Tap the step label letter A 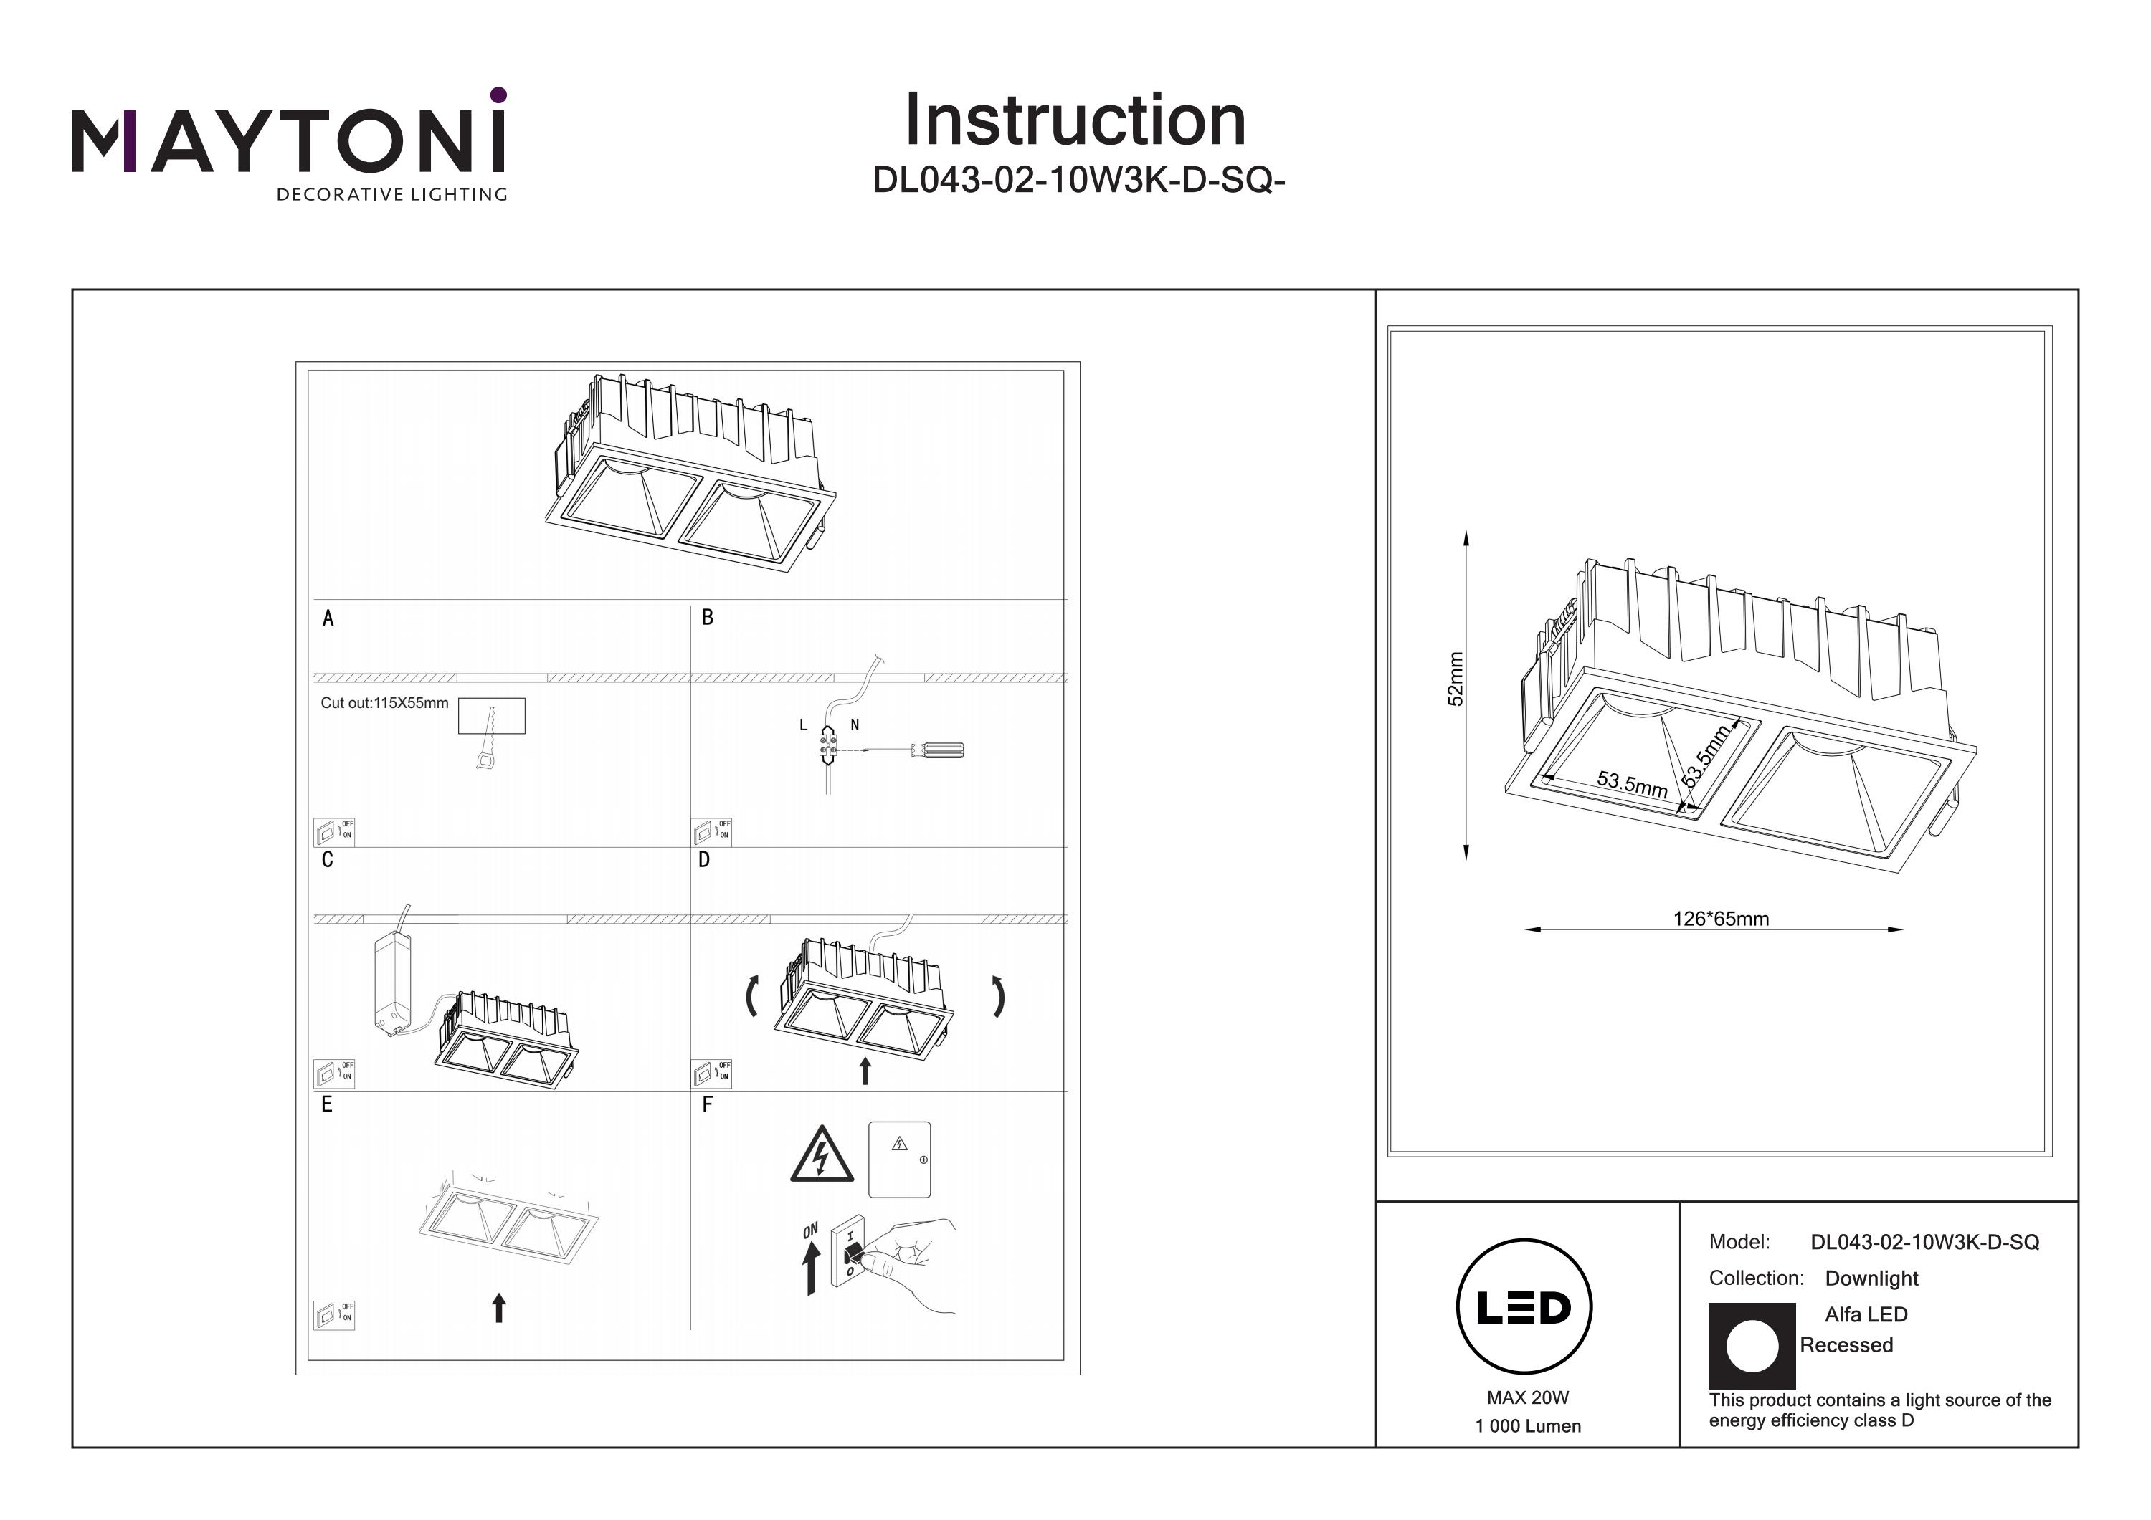(x=328, y=618)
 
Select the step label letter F (x=707, y=1105)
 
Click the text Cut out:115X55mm (x=384, y=703)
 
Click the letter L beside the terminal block (x=803, y=725)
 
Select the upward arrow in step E (x=498, y=1307)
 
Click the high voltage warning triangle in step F (x=822, y=1156)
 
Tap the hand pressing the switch (x=913, y=1260)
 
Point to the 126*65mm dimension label (x=1721, y=919)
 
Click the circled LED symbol (x=1524, y=1307)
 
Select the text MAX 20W (x=1527, y=1398)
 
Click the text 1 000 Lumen (x=1527, y=1426)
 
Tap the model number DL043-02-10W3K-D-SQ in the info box (x=1924, y=1242)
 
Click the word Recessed (x=1846, y=1345)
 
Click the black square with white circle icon (x=1752, y=1346)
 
